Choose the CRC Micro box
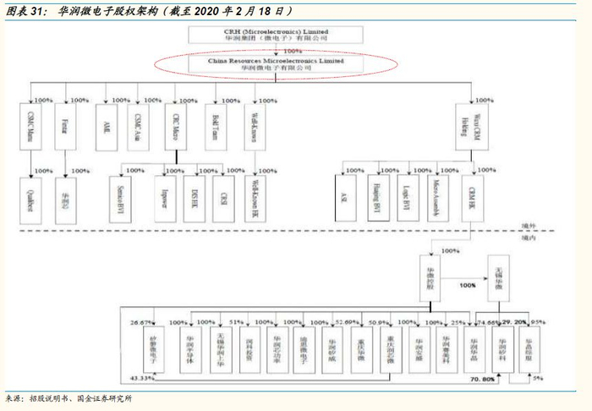pos(177,124)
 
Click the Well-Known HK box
pos(255,200)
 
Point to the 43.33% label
pos(139,376)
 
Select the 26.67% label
pos(140,322)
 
